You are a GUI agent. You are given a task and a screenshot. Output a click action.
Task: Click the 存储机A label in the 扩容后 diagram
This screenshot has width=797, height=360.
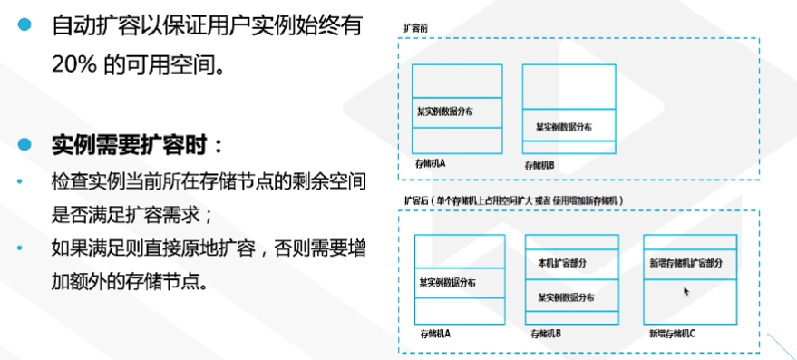[x=435, y=334]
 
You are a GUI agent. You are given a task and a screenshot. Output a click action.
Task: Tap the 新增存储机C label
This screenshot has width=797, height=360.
[x=672, y=334]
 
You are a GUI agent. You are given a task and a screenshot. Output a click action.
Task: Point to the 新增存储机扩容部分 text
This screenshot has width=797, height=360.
[x=687, y=263]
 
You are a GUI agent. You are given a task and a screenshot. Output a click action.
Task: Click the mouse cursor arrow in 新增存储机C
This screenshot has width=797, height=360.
[x=686, y=291]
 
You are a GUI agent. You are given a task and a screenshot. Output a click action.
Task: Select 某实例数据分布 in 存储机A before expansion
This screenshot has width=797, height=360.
[x=446, y=112]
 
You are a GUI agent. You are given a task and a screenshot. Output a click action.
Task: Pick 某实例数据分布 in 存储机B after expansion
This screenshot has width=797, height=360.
[x=566, y=297]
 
